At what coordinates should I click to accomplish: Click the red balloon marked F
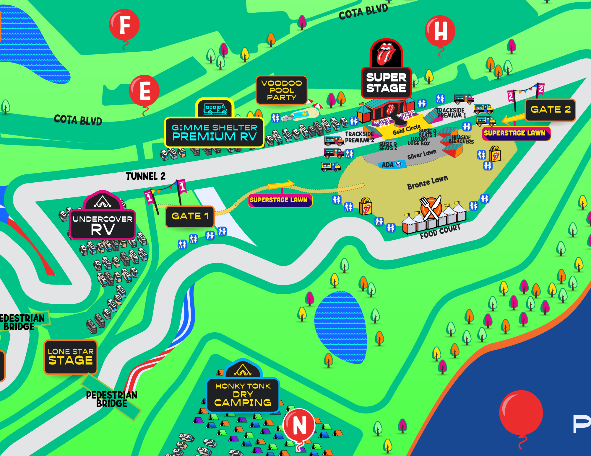pyautogui.click(x=124, y=25)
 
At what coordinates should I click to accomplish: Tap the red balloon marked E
pyautogui.click(x=144, y=91)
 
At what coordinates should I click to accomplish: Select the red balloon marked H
pyautogui.click(x=440, y=31)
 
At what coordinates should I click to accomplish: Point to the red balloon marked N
pyautogui.click(x=299, y=425)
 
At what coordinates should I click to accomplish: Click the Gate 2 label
pyautogui.click(x=550, y=110)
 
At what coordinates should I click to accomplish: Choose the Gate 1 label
pyautogui.click(x=190, y=216)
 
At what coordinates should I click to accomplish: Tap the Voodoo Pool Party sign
pyautogui.click(x=281, y=90)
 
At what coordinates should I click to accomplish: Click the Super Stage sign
pyautogui.click(x=386, y=83)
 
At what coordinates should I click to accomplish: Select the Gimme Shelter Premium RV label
pyautogui.click(x=214, y=133)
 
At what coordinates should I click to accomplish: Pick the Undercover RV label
pyautogui.click(x=103, y=225)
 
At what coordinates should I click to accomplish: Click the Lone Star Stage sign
pyautogui.click(x=71, y=357)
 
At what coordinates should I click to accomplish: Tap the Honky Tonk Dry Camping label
pyautogui.click(x=243, y=395)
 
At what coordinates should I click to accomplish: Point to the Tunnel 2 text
pyautogui.click(x=145, y=176)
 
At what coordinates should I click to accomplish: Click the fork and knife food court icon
pyautogui.click(x=431, y=208)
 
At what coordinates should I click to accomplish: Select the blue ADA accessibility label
pyautogui.click(x=391, y=165)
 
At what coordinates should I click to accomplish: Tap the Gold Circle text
pyautogui.click(x=406, y=130)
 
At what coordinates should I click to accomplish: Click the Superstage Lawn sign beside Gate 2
pyautogui.click(x=516, y=133)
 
